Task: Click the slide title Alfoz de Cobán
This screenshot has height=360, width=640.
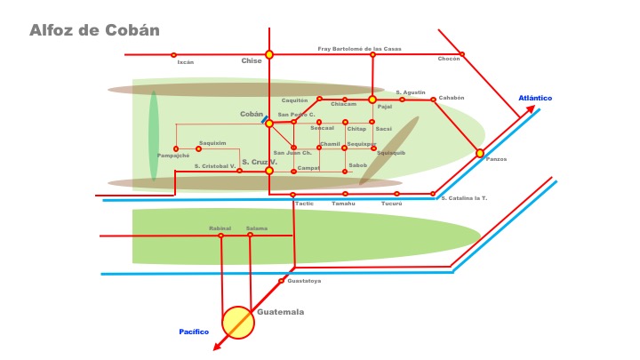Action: click(x=94, y=29)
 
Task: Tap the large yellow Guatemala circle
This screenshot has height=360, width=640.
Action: click(x=238, y=322)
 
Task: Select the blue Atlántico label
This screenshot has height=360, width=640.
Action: click(x=535, y=98)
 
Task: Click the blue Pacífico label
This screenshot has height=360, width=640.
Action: click(x=194, y=332)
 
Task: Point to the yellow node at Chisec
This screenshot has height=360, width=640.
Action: click(x=269, y=54)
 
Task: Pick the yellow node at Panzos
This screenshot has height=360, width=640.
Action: click(x=480, y=153)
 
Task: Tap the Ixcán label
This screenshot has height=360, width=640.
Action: click(x=185, y=62)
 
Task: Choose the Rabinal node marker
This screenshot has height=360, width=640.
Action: click(x=221, y=236)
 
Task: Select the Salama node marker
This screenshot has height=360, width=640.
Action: click(x=250, y=236)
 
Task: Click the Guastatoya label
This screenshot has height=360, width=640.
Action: click(x=304, y=281)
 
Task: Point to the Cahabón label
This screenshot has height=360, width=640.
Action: click(x=452, y=98)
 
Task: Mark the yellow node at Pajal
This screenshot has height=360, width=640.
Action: click(x=372, y=100)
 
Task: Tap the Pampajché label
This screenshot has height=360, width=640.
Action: click(x=173, y=156)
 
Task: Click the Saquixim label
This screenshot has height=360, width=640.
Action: click(x=212, y=142)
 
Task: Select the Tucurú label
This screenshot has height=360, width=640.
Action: click(x=391, y=204)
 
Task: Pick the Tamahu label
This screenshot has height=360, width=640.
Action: click(x=343, y=204)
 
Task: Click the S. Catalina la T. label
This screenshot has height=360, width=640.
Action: click(x=464, y=197)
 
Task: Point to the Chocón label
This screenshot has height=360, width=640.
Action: click(x=449, y=59)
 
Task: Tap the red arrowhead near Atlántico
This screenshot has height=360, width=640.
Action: click(x=531, y=109)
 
